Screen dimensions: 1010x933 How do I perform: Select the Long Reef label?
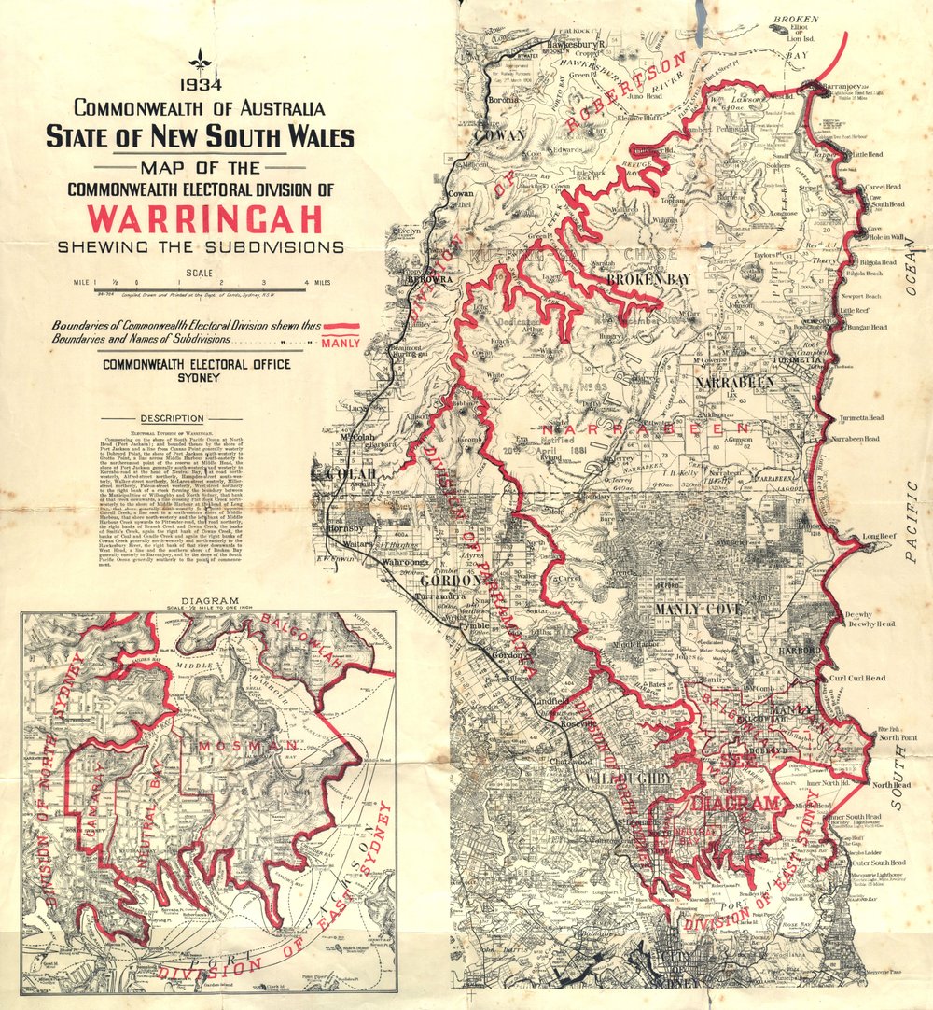(879, 537)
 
